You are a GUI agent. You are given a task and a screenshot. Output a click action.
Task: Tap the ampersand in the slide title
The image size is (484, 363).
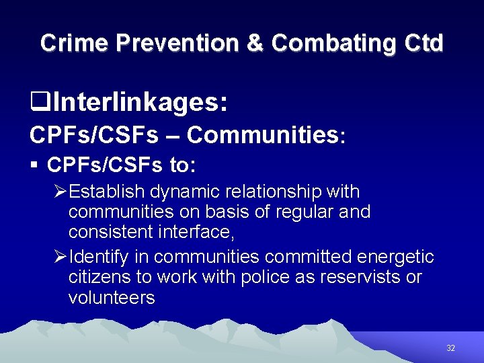(255, 43)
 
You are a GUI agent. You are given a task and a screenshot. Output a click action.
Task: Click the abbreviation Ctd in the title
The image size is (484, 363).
(425, 43)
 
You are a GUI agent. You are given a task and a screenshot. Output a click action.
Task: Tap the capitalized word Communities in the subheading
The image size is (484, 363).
(262, 134)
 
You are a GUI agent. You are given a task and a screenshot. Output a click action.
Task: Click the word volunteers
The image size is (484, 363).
(112, 296)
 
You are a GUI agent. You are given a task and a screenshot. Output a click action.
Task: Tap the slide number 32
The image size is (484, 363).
(450, 348)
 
